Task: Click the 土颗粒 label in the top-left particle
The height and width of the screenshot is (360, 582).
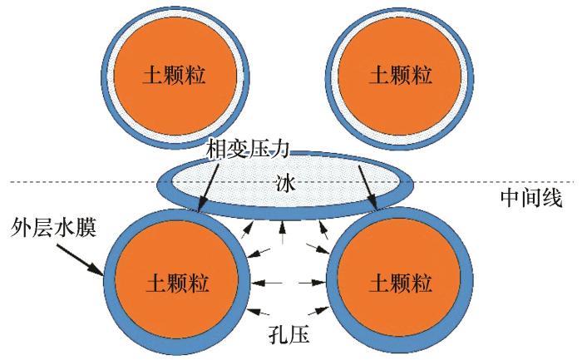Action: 174,76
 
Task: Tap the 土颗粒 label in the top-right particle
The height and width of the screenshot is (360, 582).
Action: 401,76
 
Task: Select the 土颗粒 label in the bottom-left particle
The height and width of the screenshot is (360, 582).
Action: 177,283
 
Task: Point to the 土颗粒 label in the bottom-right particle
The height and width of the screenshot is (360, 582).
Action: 401,283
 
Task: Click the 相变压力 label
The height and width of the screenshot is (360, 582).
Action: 248,149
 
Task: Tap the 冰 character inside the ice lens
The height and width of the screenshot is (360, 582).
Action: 285,183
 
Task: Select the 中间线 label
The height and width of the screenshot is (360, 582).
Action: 531,198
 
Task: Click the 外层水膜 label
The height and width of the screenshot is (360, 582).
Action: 54,227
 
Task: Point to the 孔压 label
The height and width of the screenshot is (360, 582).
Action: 289,335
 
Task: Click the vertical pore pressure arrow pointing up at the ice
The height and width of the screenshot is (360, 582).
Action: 284,232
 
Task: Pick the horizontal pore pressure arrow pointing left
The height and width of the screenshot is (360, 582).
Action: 267,283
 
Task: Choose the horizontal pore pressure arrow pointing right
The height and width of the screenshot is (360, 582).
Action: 313,283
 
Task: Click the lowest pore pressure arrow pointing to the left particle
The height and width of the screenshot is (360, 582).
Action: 260,312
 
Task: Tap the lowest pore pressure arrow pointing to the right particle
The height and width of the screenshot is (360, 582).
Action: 318,311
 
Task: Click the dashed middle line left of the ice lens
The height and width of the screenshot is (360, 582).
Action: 83,182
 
